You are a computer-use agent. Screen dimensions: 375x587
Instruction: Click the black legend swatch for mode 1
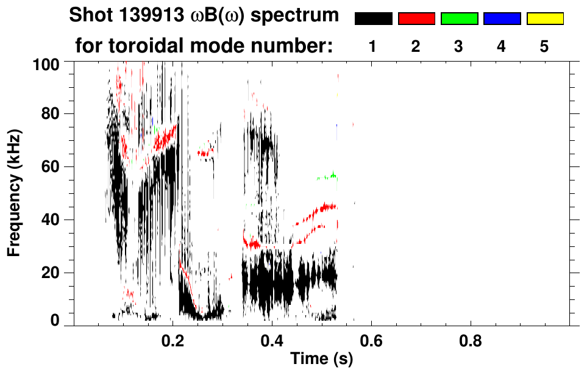(373, 19)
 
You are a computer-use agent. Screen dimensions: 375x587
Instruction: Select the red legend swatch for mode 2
(416, 19)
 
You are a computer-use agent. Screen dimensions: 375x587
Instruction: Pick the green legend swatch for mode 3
(459, 19)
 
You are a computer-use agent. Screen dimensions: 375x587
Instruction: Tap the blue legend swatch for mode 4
(502, 19)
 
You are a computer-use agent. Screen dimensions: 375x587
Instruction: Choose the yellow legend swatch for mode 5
(544, 19)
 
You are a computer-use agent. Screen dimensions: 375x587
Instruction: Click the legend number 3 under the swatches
(459, 48)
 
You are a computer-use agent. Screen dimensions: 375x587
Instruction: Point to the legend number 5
(544, 48)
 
